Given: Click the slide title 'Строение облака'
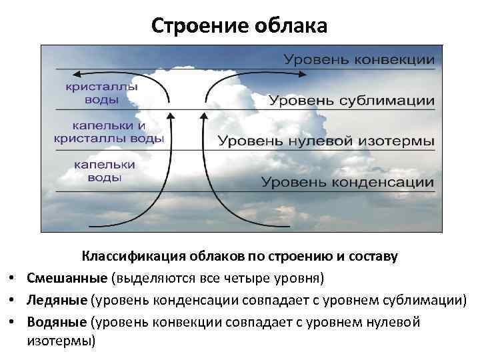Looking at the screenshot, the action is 239,25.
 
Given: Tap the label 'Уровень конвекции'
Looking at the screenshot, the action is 359,59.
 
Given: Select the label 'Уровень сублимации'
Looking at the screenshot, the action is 351,101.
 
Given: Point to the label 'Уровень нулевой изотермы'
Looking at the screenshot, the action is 326,141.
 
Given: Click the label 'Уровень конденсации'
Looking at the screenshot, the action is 347,182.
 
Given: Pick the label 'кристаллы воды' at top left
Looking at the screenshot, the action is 102,93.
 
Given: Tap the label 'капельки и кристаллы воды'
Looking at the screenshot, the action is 109,132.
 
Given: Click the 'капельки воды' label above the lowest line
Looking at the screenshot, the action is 104,171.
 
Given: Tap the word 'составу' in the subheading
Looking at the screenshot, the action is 373,256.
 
